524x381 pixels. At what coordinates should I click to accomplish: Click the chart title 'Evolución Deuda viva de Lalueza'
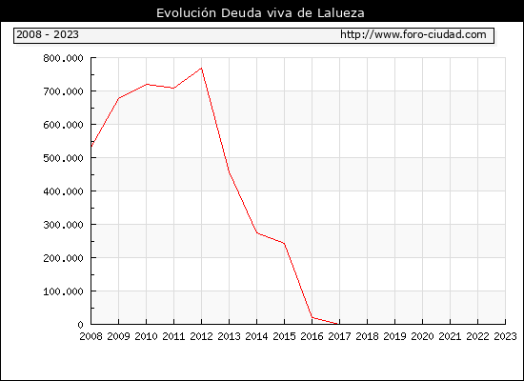click(260, 13)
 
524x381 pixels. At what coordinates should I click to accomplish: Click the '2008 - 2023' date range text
click(48, 34)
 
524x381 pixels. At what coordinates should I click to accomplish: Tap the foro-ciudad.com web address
click(413, 34)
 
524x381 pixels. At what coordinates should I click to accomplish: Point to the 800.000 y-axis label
click(63, 58)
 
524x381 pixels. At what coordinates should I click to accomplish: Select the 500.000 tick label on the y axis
click(63, 158)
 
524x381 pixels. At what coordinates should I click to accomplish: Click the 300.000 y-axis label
click(63, 225)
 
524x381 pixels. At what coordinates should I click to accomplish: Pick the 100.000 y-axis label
click(63, 291)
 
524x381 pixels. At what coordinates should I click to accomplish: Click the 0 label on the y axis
click(80, 325)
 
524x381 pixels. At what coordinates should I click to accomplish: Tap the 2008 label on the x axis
click(91, 336)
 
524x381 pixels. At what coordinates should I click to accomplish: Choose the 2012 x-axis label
click(202, 336)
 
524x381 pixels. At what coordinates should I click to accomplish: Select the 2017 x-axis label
click(339, 336)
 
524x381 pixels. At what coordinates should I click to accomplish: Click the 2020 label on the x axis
click(422, 336)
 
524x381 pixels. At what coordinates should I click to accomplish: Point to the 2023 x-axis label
click(505, 336)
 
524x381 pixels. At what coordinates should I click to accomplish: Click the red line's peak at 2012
click(202, 69)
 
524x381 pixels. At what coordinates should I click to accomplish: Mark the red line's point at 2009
click(119, 98)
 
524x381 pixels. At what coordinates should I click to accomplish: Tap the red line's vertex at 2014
click(257, 232)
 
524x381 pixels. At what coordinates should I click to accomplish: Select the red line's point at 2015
click(285, 243)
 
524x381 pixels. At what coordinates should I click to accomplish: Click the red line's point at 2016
click(312, 317)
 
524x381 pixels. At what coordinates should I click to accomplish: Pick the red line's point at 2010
click(147, 84)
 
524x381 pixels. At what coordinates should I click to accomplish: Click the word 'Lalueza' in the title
click(341, 13)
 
